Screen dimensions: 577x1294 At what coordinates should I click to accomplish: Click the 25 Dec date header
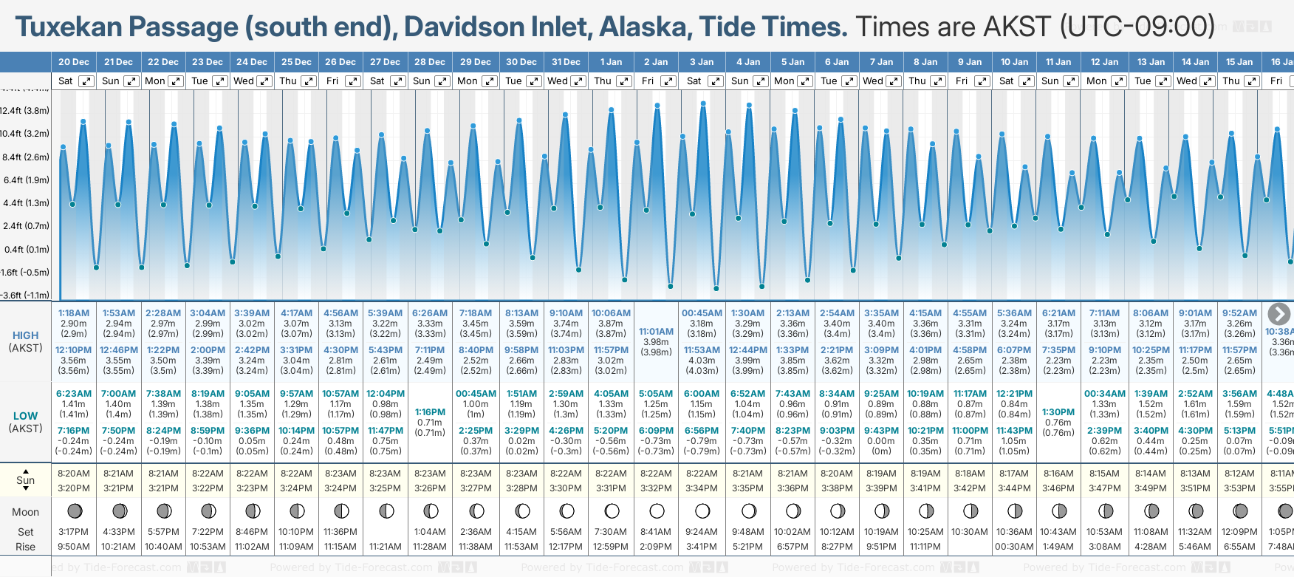(296, 62)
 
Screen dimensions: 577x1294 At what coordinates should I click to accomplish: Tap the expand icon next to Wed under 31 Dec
(578, 81)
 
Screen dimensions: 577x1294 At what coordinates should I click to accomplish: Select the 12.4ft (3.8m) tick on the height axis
(25, 111)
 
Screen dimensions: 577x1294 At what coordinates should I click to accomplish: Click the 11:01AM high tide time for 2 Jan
(656, 332)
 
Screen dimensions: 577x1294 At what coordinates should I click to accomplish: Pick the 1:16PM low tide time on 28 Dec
(430, 412)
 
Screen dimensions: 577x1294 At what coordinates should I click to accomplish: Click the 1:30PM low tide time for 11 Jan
(1058, 412)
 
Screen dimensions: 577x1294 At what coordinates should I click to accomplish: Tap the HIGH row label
(25, 335)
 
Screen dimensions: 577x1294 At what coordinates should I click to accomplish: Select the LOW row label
(25, 416)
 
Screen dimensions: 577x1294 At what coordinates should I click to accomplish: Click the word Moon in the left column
(25, 512)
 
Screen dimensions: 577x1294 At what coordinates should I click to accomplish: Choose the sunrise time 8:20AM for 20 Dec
(73, 474)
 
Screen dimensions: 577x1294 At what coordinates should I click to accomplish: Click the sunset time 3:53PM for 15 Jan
(1239, 488)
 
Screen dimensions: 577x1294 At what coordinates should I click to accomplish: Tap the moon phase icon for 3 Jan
(702, 511)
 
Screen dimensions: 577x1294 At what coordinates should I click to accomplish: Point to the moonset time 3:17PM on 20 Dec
(73, 532)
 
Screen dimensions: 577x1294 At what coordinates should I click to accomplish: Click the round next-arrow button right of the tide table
(1278, 313)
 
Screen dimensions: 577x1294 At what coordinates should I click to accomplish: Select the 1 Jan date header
(611, 62)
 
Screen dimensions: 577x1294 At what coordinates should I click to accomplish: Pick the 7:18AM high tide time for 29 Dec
(476, 313)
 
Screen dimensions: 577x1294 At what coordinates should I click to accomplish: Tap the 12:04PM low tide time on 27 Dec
(386, 394)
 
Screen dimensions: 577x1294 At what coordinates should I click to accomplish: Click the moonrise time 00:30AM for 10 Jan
(1014, 547)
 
